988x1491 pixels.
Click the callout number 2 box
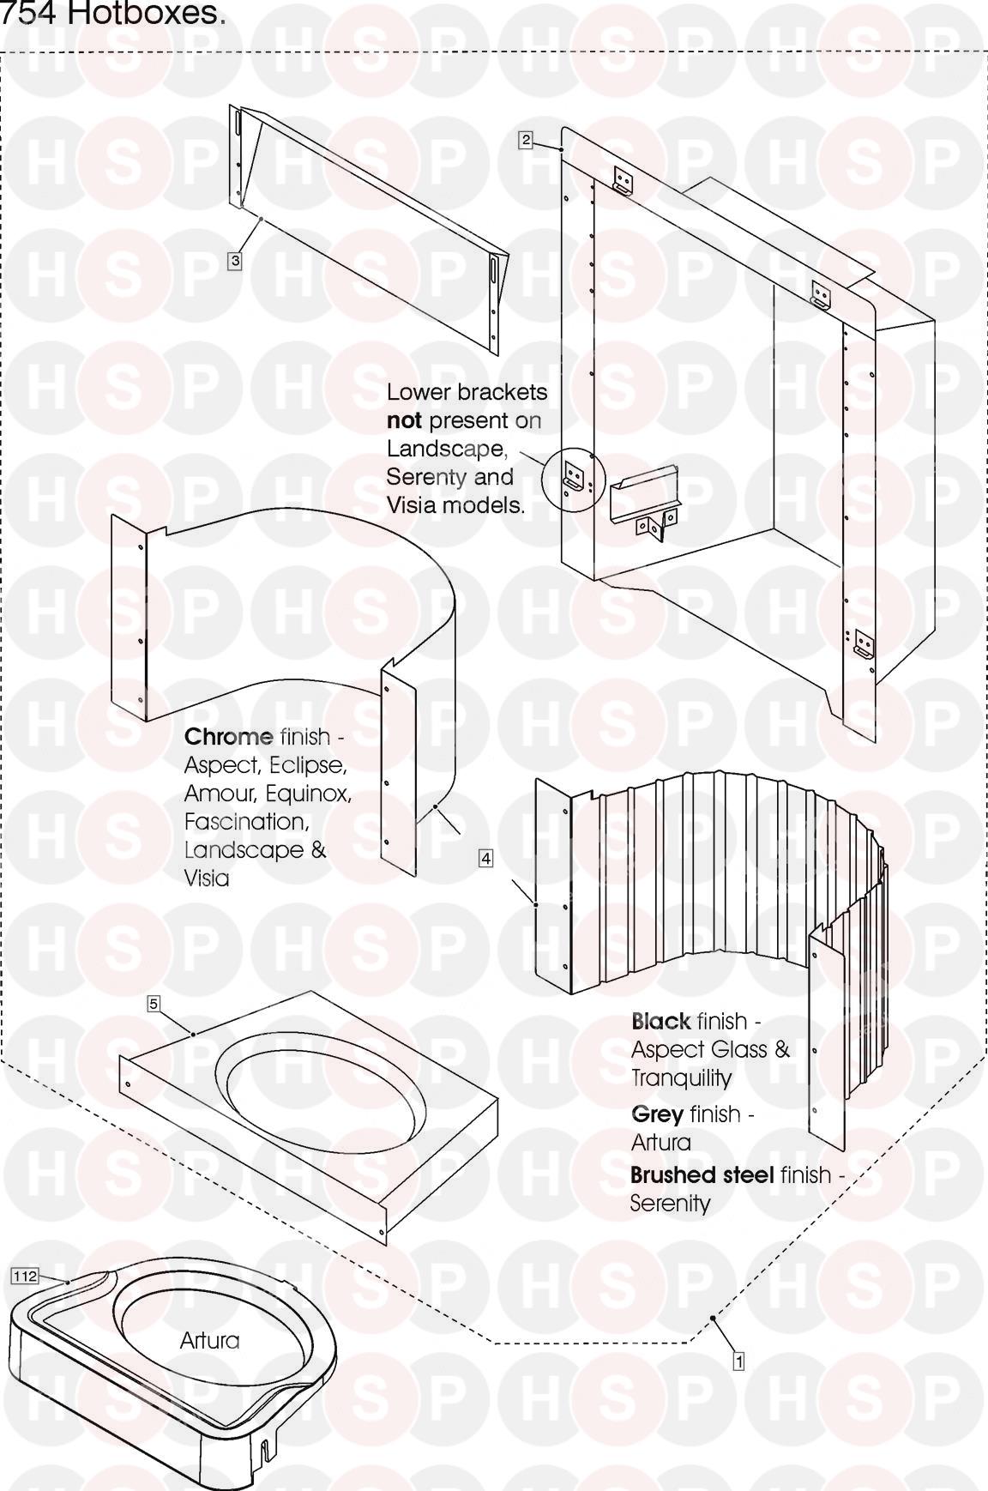coord(526,139)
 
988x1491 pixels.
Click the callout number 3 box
coord(234,260)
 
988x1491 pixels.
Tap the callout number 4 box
coord(485,858)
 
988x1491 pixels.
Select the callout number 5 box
coord(154,1004)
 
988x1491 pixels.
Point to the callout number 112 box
coord(25,1277)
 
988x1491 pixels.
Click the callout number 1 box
coord(738,1360)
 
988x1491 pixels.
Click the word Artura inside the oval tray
coord(209,1340)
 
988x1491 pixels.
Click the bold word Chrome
coord(228,737)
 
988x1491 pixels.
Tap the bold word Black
coord(660,1022)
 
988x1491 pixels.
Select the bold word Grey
coord(657,1114)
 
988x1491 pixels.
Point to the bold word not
coord(403,420)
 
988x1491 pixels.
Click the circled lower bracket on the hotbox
coord(573,474)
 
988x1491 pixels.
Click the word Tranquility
coord(681,1078)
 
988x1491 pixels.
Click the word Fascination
coord(245,822)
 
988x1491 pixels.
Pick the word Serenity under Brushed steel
coord(670,1204)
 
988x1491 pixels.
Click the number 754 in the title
coord(33,15)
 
